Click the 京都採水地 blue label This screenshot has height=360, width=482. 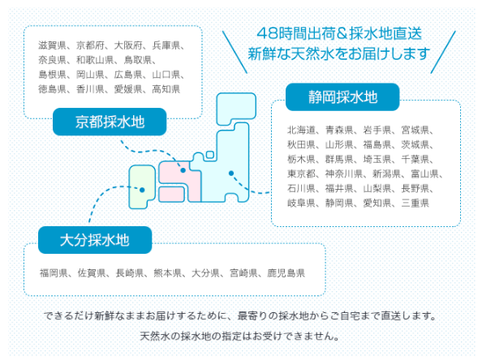tap(110, 122)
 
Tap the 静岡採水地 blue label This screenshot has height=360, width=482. tap(342, 97)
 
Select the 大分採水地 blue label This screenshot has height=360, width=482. tap(95, 240)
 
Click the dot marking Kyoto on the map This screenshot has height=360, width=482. tap(183, 170)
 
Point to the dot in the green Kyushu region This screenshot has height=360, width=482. tap(142, 190)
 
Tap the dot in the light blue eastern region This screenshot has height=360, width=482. tap(231, 174)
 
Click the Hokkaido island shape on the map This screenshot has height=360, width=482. tap(236, 109)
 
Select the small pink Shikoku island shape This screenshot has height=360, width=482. tap(171, 194)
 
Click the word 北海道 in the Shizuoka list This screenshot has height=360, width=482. tap(301, 130)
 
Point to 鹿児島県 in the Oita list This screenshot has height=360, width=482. tap(286, 272)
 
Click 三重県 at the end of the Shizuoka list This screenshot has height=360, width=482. tap(415, 203)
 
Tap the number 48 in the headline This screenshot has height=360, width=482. tap(267, 33)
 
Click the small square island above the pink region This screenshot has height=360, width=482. tap(210, 155)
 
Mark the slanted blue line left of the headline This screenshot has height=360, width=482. tap(235, 52)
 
